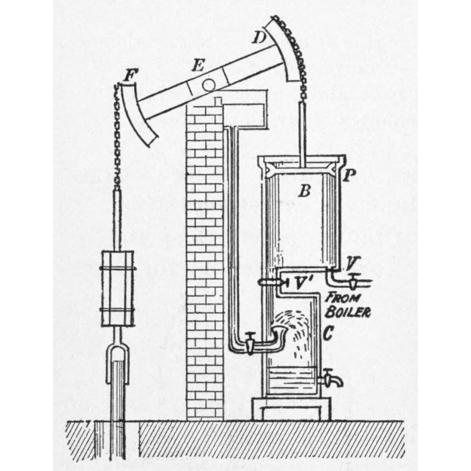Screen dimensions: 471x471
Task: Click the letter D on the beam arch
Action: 259,37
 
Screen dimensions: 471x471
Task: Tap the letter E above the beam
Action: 198,65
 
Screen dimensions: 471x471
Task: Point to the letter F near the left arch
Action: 131,75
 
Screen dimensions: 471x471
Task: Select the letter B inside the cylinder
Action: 304,190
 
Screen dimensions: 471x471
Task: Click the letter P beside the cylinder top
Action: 349,175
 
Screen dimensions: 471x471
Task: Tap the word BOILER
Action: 348,312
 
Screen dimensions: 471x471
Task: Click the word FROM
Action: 343,298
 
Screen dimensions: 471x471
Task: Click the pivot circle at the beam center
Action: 208,85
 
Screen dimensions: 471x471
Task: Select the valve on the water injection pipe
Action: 249,343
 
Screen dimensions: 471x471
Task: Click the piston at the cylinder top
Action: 300,168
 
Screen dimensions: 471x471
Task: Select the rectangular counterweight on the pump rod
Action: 117,288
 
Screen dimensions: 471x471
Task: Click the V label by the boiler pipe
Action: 352,264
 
